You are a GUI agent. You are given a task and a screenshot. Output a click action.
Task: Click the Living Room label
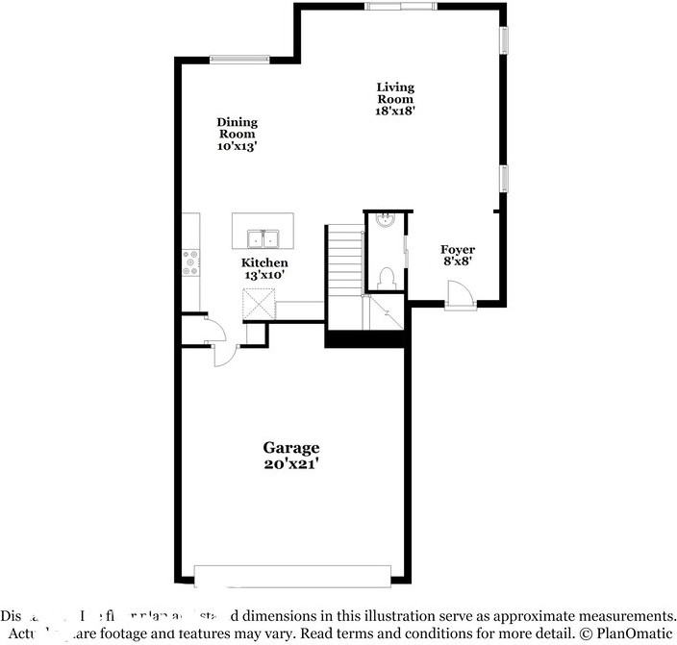click(394, 93)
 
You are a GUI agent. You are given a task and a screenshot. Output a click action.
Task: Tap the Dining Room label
click(237, 128)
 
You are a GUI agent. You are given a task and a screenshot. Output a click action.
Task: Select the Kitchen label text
click(264, 262)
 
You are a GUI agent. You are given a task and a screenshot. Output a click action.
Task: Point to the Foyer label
click(458, 250)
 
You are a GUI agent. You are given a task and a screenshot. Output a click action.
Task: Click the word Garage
click(291, 448)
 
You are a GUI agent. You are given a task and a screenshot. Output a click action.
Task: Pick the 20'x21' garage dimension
click(291, 463)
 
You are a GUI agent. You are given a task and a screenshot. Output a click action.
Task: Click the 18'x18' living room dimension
click(394, 111)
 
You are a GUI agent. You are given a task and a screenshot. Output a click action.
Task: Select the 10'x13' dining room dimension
click(237, 147)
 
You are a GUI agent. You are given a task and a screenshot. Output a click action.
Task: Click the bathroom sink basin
click(386, 218)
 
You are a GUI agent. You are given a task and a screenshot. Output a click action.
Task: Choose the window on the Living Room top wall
click(400, 7)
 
